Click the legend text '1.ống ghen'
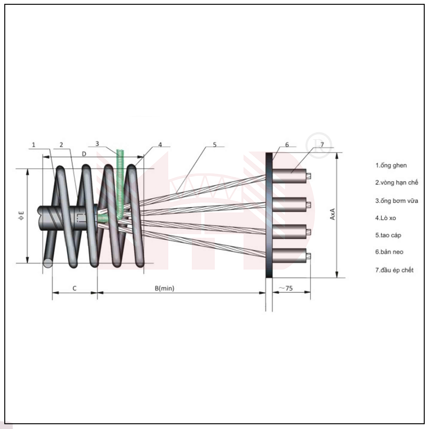tap(391, 165)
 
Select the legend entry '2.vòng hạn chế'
tap(397, 183)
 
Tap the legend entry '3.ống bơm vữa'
tap(397, 201)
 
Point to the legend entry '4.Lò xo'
tap(386, 218)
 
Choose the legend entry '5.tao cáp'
tap(388, 235)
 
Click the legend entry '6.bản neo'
tap(389, 252)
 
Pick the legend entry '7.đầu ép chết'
tap(394, 270)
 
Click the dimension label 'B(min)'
tap(164, 288)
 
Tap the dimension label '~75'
tap(286, 288)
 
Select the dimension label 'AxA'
tap(332, 214)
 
